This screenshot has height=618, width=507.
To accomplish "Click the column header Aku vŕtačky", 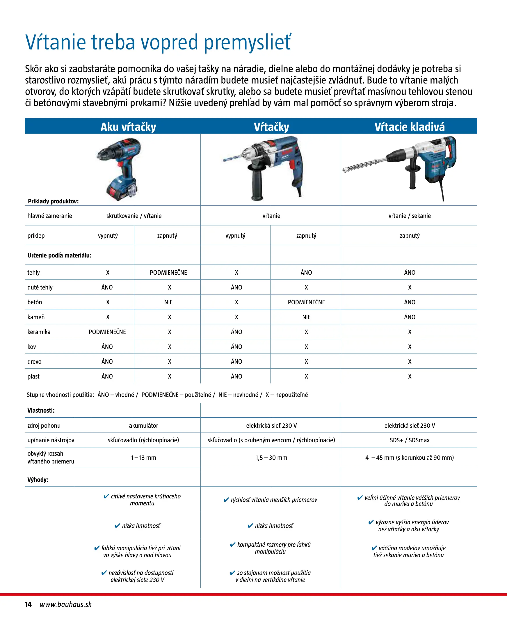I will click(128, 127).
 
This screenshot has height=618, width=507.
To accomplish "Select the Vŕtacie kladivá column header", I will click(410, 127).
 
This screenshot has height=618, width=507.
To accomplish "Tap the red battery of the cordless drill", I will click(117, 193).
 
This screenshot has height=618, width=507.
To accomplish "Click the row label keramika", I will click(39, 332).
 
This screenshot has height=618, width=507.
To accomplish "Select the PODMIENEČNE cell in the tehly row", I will click(168, 273).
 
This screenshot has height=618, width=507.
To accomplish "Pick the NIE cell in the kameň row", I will click(306, 317).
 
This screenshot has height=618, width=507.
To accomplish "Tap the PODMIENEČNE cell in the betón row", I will click(306, 302).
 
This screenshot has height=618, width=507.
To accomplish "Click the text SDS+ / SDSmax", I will click(410, 440).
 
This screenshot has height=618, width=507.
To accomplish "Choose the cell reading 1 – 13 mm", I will click(143, 457).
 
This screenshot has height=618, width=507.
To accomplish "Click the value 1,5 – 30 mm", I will click(271, 457).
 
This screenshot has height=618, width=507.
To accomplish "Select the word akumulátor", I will click(143, 426).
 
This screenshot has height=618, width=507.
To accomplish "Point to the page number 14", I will click(28, 604).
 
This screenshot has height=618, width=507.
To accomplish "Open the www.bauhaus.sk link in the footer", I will click(66, 604).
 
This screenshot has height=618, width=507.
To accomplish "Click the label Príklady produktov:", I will click(53, 201).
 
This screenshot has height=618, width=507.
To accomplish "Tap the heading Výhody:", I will click(38, 480).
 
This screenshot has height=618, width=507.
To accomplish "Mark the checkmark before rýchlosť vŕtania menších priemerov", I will click(226, 500).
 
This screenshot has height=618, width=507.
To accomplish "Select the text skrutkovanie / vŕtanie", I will click(134, 216).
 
